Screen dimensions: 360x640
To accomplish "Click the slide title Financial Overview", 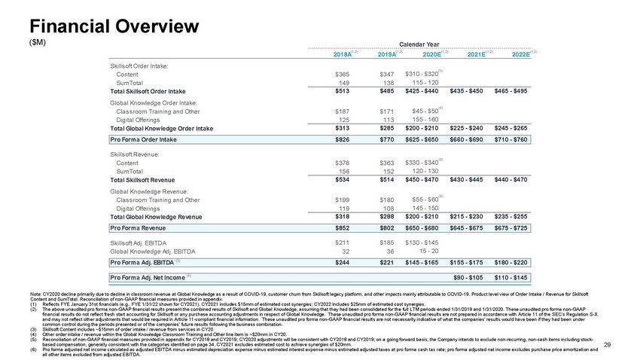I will point(103,25).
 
